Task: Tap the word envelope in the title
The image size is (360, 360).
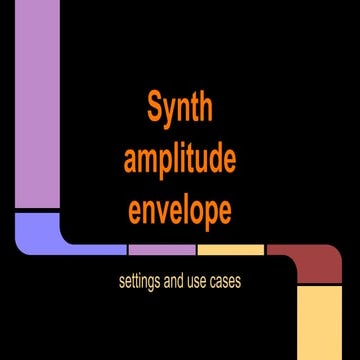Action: [180, 211]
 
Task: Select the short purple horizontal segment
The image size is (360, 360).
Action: [161, 249]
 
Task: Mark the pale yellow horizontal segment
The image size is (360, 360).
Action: [230, 249]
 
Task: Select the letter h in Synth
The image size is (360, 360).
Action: [205, 107]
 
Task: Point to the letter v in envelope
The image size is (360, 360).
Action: [171, 211]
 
